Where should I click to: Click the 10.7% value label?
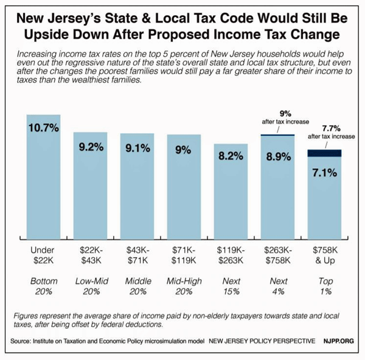pos(43,129)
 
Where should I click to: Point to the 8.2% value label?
pos(231,156)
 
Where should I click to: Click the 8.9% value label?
pos(277,156)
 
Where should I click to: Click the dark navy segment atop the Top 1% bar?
pos(324,153)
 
